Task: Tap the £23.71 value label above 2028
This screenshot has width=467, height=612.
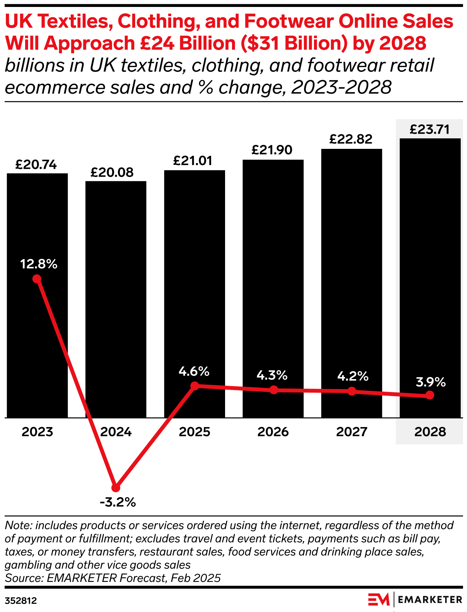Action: click(x=430, y=129)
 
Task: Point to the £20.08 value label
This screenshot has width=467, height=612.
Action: click(x=112, y=172)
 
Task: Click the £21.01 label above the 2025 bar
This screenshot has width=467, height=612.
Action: click(x=193, y=161)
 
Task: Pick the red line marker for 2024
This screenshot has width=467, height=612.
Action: click(x=116, y=488)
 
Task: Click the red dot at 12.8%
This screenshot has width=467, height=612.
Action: click(x=37, y=279)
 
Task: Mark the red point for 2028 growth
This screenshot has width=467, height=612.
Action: click(x=430, y=395)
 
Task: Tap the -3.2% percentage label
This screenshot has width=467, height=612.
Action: click(x=118, y=503)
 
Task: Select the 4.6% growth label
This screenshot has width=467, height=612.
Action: click(x=194, y=372)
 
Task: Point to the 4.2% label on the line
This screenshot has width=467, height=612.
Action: click(x=353, y=376)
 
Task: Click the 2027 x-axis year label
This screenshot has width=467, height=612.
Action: click(x=352, y=432)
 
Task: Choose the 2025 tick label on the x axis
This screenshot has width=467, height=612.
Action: click(x=194, y=432)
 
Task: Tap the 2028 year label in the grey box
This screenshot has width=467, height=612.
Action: click(x=430, y=432)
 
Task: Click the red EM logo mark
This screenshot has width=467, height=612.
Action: click(x=379, y=599)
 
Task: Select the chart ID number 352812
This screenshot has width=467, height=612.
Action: click(x=21, y=601)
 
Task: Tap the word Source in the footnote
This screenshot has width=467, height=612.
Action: click(x=23, y=578)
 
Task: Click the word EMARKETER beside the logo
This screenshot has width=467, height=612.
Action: click(x=430, y=599)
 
